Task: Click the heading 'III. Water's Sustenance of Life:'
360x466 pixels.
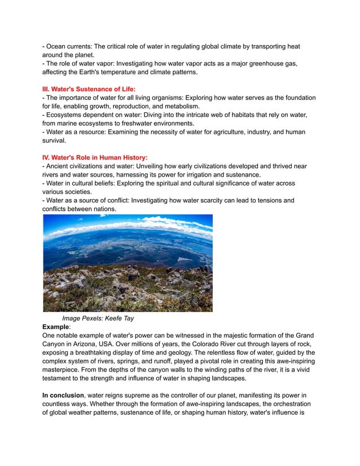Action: (89, 89)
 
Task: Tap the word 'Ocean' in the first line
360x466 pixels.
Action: (57, 46)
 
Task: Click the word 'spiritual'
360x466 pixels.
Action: (173, 184)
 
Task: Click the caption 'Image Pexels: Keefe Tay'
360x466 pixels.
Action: (98, 318)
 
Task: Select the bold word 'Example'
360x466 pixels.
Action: (55, 327)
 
